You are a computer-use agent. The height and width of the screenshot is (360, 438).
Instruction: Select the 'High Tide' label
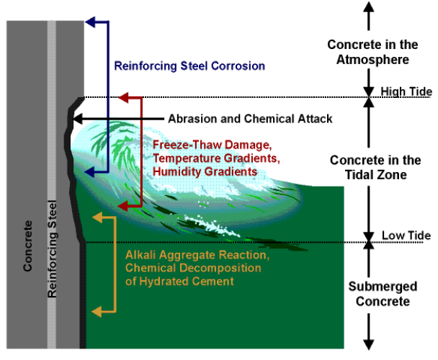[x=406, y=91]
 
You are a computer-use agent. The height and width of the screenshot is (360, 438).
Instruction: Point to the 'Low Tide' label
[x=406, y=235]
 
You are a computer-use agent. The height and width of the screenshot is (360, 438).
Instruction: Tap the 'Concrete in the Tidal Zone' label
[x=369, y=167]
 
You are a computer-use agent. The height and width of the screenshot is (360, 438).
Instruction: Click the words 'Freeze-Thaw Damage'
[x=202, y=144]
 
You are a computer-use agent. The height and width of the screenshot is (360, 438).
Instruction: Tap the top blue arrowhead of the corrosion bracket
[x=89, y=22]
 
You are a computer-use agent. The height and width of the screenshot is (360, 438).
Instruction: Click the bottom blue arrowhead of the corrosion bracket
[x=89, y=173]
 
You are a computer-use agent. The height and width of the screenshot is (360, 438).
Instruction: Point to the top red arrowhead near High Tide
[x=122, y=96]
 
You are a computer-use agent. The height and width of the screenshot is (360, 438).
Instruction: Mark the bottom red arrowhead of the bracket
[x=122, y=207]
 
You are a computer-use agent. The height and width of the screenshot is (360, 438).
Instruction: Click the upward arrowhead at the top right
[x=368, y=6]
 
